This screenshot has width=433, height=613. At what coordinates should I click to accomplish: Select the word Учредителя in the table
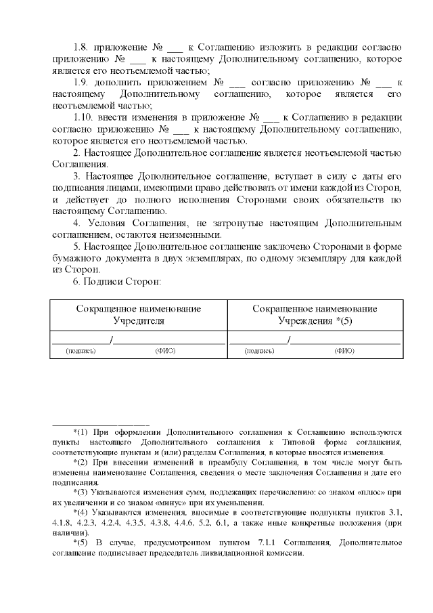point(139,320)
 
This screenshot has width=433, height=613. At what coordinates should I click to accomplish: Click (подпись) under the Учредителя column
point(81,352)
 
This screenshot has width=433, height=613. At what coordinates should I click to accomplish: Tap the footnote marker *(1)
point(81,431)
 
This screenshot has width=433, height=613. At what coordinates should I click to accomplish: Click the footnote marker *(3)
point(81,490)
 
